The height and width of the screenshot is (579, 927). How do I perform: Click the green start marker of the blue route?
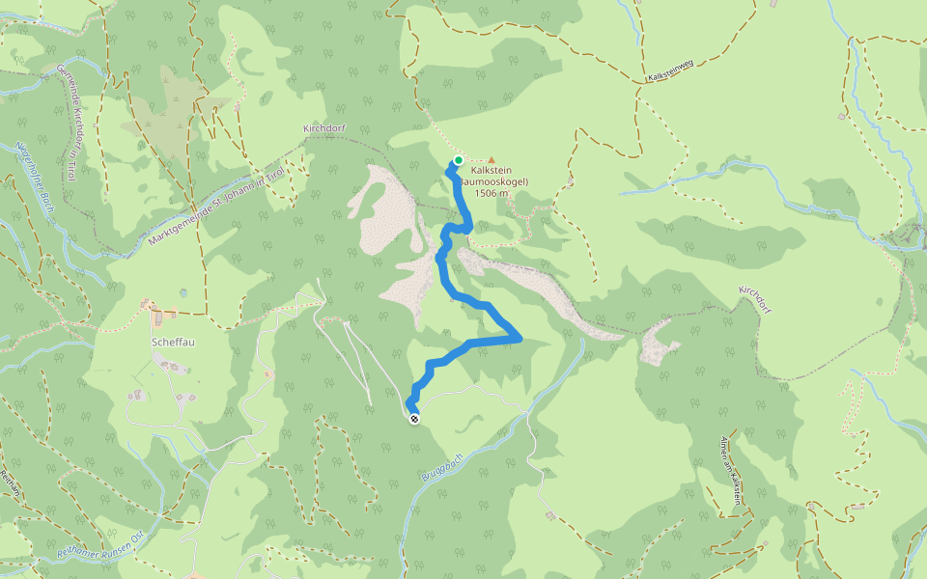(459, 160)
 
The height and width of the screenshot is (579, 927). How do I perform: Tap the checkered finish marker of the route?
(414, 418)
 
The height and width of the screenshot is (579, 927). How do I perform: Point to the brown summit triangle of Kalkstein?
(492, 160)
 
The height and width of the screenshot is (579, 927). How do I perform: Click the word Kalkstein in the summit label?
(492, 170)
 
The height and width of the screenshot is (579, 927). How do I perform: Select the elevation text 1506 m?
(492, 193)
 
